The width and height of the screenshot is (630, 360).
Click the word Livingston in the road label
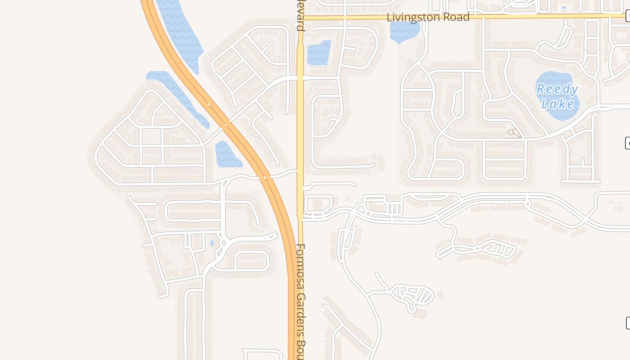pyautogui.click(x=413, y=18)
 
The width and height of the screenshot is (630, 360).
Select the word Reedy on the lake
pyautogui.click(x=557, y=89)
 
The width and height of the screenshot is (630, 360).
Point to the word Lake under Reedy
pyautogui.click(x=558, y=104)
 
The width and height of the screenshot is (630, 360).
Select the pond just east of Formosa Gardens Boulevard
pyautogui.click(x=319, y=53)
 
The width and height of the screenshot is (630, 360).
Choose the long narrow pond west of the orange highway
pyautogui.click(x=178, y=97)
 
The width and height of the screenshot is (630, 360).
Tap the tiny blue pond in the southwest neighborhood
pyautogui.click(x=212, y=243)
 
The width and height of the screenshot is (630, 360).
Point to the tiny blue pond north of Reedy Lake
pyautogui.click(x=564, y=8)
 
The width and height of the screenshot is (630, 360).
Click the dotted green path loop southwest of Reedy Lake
pyautogui.click(x=514, y=133)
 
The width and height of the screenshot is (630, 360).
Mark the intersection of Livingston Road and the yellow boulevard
pyautogui.click(x=300, y=18)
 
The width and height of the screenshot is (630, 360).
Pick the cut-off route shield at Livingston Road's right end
pyautogui.click(x=627, y=17)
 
